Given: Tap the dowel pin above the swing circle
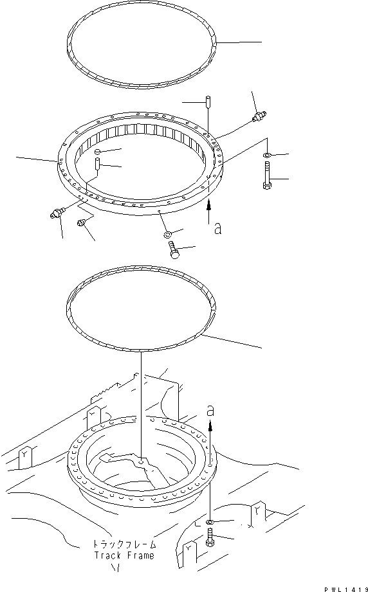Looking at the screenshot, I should click(208, 102).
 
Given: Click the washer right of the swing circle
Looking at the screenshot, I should click(267, 156).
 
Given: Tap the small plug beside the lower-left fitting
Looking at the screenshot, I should click(81, 222).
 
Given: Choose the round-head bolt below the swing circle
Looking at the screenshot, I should click(174, 251).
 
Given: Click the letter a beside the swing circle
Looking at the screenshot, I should click(217, 228).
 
